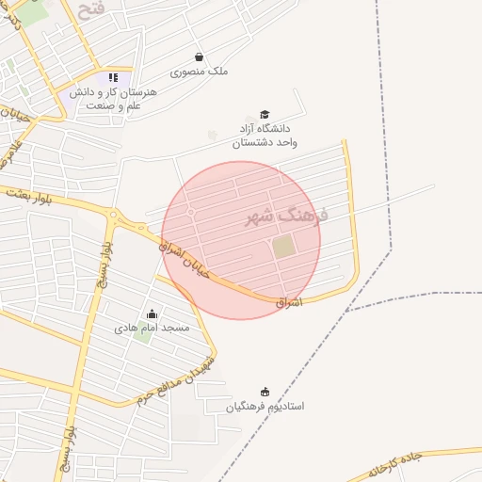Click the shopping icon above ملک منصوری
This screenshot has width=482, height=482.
pos(199,56)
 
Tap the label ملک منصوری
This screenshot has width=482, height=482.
pos(199,72)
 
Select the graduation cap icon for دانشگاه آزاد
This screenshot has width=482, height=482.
pos(265,114)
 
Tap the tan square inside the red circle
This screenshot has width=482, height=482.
pos(283,246)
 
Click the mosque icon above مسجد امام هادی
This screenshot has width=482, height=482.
pos(152,313)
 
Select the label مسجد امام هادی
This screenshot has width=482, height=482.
pos(152,328)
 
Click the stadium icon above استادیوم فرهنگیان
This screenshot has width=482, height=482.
pos(265,392)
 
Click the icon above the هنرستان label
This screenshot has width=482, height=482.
pos(114,77)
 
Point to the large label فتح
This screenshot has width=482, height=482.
pos(92,12)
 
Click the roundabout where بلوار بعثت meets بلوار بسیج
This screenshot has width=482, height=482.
pos(114,214)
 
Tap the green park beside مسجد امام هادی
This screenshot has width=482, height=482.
pos(141,334)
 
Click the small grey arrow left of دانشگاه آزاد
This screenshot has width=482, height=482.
pos(213,135)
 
